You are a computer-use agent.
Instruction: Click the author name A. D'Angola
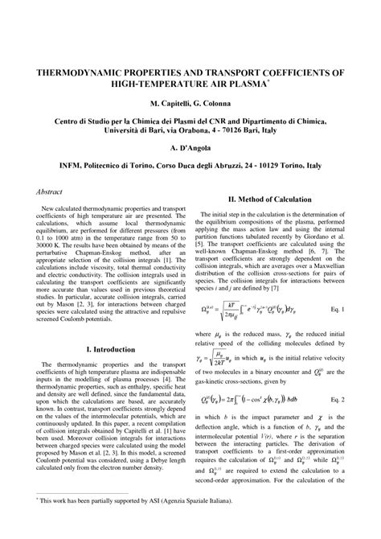pos(190,149)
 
